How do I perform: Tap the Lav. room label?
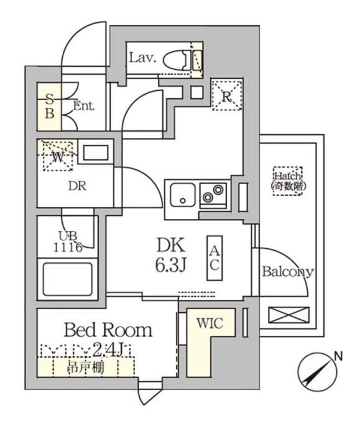(142, 58)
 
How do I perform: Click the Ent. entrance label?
(83, 106)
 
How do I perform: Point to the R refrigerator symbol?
(227, 96)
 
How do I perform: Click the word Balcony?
(287, 272)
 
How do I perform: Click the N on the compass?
(338, 356)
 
